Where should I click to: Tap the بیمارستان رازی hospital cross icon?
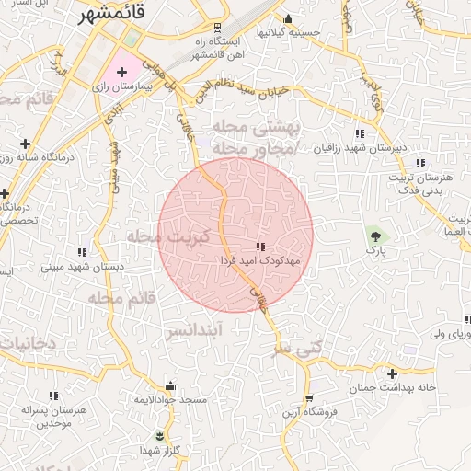(x=121, y=71)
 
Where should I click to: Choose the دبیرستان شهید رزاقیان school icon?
(x=359, y=134)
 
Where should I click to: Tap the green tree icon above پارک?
(x=373, y=235)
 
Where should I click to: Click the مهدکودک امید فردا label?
(x=261, y=261)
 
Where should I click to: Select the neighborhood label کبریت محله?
(x=169, y=237)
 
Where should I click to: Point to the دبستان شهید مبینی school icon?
(x=82, y=251)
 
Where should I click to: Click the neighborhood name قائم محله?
(x=119, y=297)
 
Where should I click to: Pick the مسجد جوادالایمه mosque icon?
(x=170, y=386)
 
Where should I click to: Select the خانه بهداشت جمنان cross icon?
(x=393, y=373)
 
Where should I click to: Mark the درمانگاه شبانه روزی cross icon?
(x=25, y=144)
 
